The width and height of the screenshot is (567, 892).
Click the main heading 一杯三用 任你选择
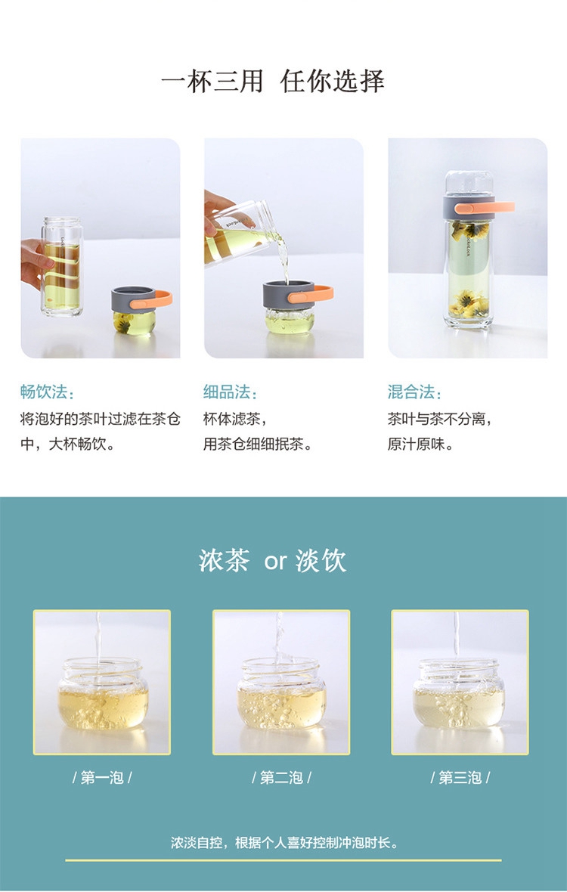(272, 81)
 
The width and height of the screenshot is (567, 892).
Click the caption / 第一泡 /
(102, 777)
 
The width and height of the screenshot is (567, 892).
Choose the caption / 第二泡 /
(281, 777)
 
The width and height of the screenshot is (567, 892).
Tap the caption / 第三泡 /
(460, 777)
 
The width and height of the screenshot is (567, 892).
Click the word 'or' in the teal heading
(275, 562)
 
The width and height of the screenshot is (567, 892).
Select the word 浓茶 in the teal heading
(224, 560)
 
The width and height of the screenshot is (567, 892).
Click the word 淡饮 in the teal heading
(321, 560)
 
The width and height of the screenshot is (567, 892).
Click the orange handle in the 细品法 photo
(311, 294)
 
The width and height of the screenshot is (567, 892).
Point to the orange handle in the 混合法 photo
(485, 208)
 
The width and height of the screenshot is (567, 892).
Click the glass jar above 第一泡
(103, 693)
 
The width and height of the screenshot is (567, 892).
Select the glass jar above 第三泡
(459, 693)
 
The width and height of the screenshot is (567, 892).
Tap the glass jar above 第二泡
(281, 693)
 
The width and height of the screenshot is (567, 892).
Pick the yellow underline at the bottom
(283, 860)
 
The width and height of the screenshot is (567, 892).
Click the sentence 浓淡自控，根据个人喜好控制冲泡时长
(283, 843)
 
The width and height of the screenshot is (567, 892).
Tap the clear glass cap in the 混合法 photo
(468, 184)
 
